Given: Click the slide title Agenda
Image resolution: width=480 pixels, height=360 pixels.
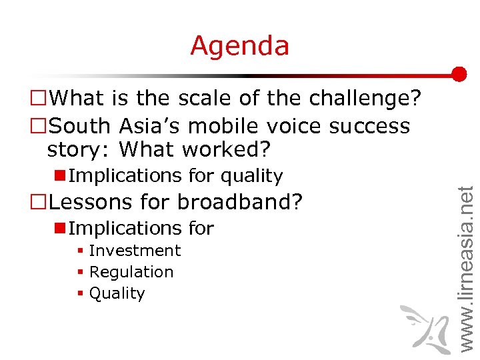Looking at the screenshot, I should pos(239,46).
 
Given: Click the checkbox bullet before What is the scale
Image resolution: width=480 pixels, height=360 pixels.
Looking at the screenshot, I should pos(39,99).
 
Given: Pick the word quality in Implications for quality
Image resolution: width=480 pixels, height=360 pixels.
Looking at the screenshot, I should pos(251,176).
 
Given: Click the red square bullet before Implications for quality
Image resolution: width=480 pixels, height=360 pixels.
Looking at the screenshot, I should pos(59,175).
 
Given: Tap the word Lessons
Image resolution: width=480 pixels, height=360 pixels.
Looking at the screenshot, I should pos(94,201).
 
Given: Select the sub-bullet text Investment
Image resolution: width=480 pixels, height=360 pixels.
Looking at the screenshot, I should pos(135,251).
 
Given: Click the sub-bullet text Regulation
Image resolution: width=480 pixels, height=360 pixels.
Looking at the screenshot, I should pos(131,272).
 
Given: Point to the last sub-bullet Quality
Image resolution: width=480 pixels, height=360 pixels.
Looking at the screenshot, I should pos(117,293).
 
